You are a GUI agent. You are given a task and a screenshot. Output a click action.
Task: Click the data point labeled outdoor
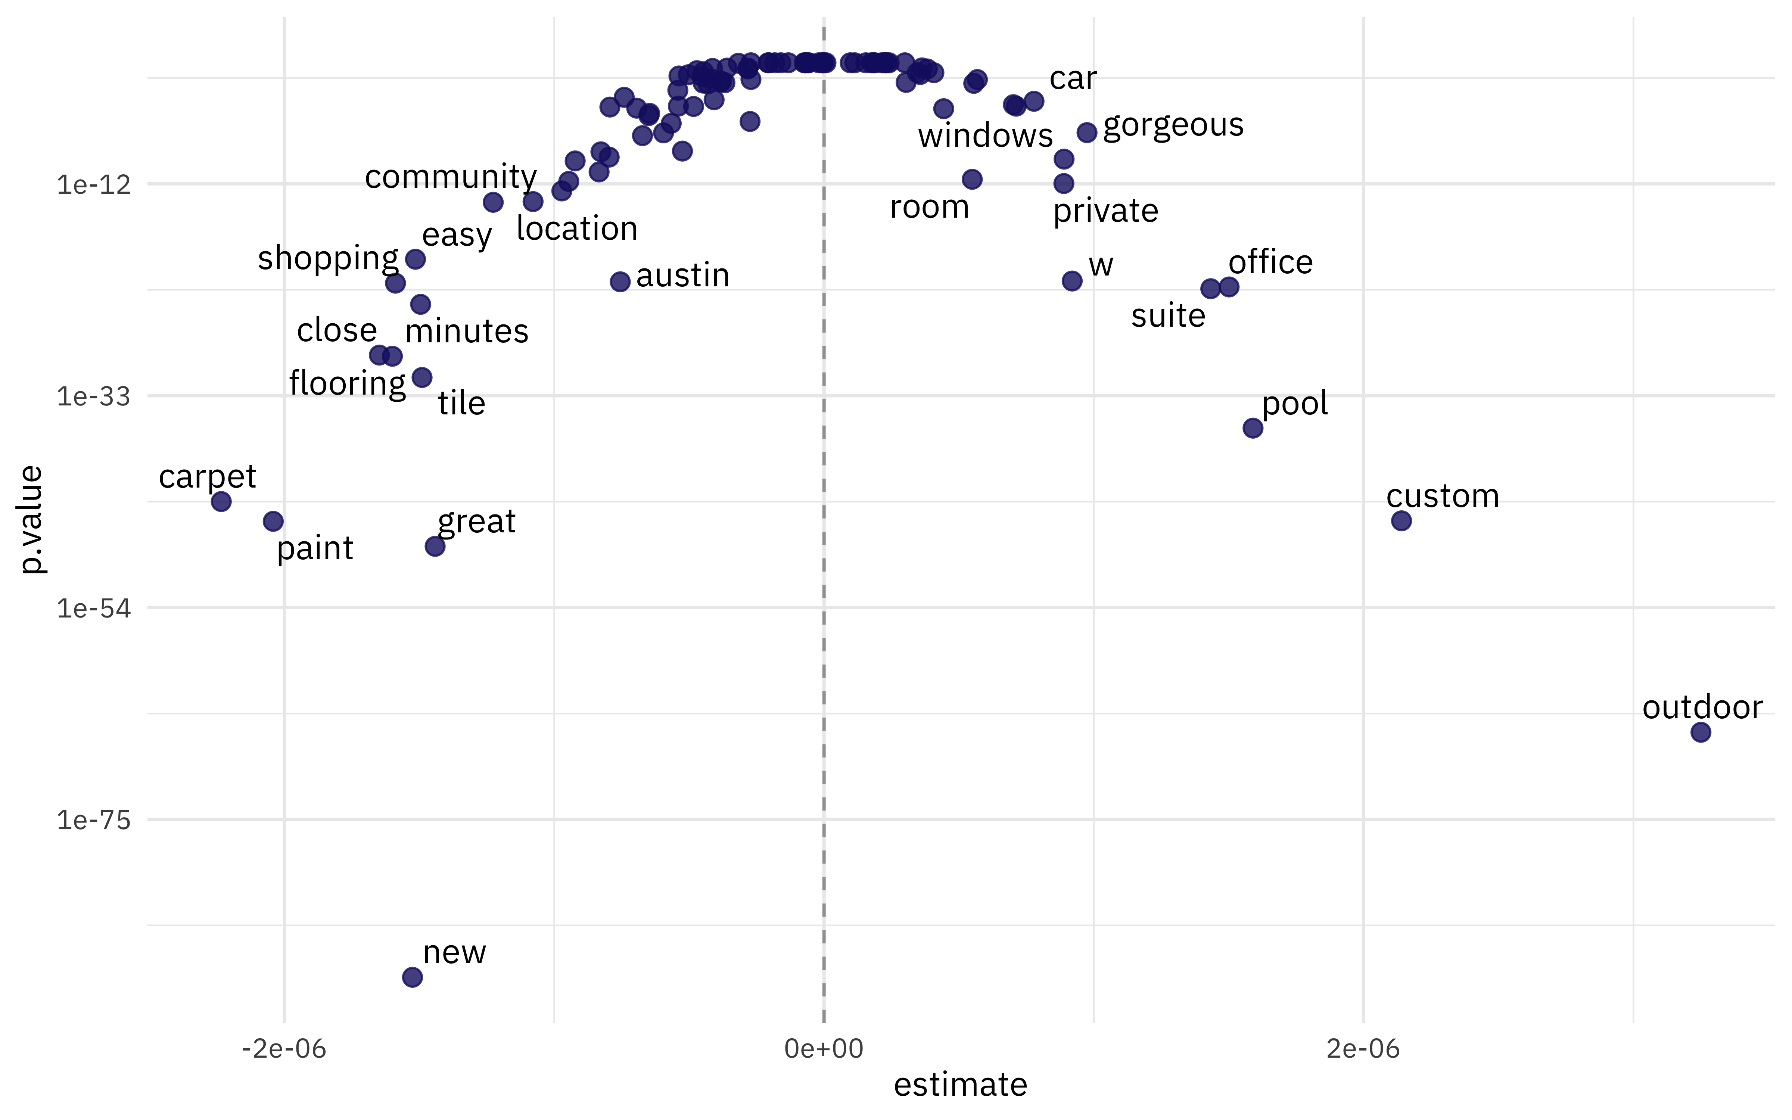click(1701, 732)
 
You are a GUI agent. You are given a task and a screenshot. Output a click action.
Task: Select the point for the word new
click(413, 977)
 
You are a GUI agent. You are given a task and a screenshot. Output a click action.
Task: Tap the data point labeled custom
click(1401, 521)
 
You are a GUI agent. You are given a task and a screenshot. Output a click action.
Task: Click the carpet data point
click(221, 501)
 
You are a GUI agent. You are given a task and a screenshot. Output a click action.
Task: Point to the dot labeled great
click(435, 546)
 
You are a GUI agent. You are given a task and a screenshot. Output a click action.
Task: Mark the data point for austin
click(620, 281)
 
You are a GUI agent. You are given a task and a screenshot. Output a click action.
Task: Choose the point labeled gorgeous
click(1086, 133)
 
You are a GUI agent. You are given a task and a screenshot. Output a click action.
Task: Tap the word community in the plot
click(450, 177)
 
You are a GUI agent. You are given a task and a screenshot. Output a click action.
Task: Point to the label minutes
click(467, 331)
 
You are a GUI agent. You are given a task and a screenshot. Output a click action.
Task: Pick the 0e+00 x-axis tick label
click(824, 1049)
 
